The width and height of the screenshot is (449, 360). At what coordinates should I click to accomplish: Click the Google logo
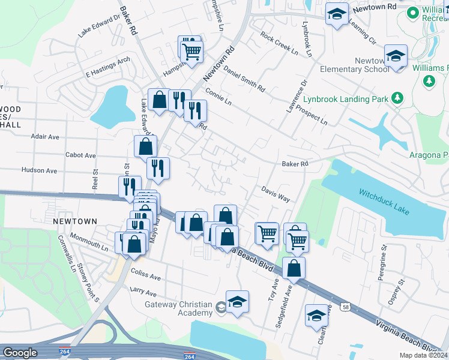pos(20,353)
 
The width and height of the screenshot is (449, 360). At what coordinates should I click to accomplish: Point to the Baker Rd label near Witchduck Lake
pos(295,164)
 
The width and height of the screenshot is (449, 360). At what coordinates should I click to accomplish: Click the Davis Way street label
pos(276,193)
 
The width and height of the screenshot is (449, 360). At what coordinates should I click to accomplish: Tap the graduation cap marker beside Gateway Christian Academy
pos(237,302)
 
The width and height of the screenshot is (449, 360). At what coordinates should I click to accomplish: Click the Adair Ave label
pos(45,137)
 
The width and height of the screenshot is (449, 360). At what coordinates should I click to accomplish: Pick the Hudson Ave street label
pos(38,170)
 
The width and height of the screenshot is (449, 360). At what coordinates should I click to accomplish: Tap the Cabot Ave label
pos(80,155)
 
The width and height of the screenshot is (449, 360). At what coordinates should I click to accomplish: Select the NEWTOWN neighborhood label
pos(74,221)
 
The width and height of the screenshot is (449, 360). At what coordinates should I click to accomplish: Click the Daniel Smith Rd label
pos(244,79)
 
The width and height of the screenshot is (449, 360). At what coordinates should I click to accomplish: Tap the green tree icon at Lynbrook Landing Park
pos(396,97)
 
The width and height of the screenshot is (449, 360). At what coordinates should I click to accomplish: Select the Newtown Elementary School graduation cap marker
pos(396,57)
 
